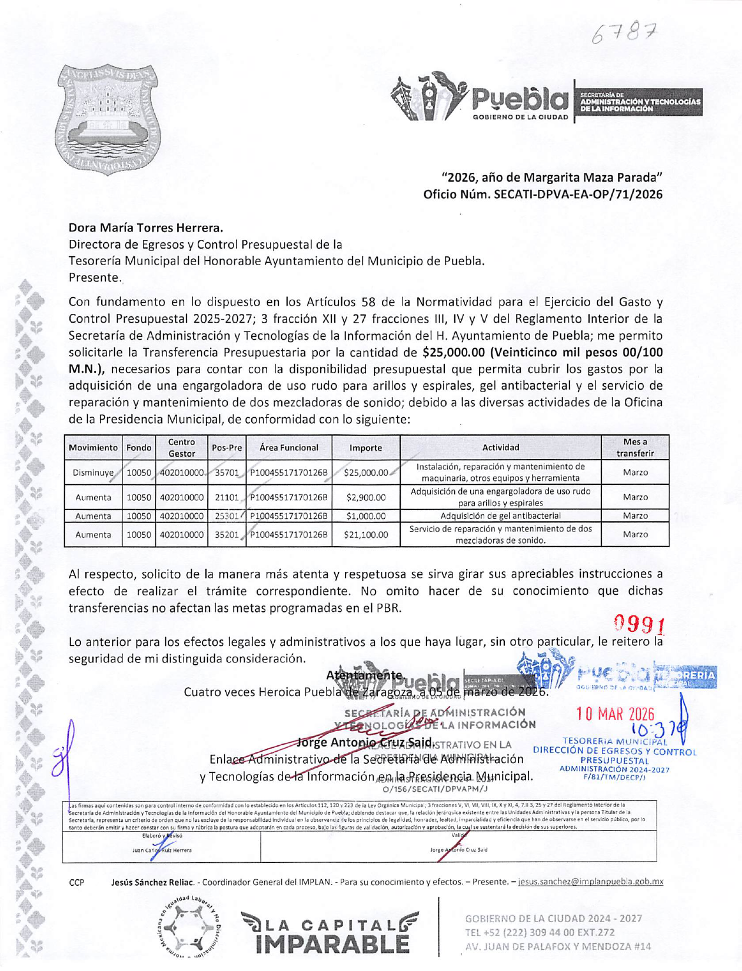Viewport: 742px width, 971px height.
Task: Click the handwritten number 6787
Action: click(x=624, y=36)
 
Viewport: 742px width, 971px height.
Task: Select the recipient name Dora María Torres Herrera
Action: click(x=146, y=227)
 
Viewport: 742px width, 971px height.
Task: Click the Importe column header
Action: click(x=365, y=448)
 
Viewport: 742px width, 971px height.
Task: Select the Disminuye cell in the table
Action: click(x=93, y=473)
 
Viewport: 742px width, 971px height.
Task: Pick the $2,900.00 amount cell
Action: click(x=365, y=497)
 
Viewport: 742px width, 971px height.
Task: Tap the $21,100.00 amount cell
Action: click(x=365, y=535)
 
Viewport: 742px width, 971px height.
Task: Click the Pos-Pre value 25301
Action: click(x=227, y=516)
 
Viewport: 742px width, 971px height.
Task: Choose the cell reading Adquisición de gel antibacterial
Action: click(x=500, y=516)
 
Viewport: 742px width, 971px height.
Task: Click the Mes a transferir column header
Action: click(x=635, y=448)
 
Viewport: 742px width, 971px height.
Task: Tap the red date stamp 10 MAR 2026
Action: click(x=615, y=714)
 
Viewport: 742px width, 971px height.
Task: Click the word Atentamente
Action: click(x=365, y=676)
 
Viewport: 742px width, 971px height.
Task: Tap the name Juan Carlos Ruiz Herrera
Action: click(x=162, y=850)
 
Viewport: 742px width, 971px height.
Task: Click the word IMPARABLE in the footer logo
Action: click(x=332, y=944)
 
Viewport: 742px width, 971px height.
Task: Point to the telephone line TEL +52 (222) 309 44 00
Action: click(x=540, y=932)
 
